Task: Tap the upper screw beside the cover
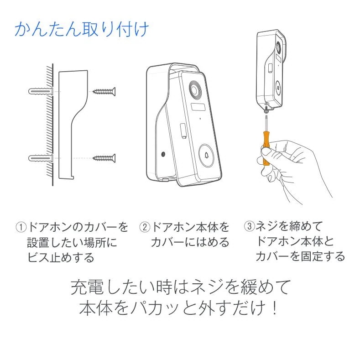[x=104, y=91]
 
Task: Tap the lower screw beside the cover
[x=104, y=158]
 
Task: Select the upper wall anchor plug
[x=41, y=91]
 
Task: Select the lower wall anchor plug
[x=41, y=158]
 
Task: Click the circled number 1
[x=21, y=227]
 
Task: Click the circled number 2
[x=145, y=227]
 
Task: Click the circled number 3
[x=249, y=226]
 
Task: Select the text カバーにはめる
[x=189, y=242]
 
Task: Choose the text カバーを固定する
[x=300, y=256]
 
